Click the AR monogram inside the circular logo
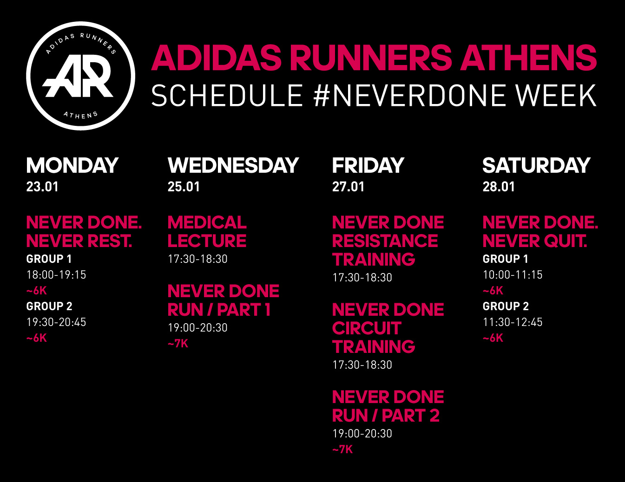pyautogui.click(x=78, y=76)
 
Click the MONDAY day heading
pyautogui.click(x=72, y=165)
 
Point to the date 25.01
pyautogui.click(x=184, y=187)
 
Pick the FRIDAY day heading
pyautogui.click(x=368, y=165)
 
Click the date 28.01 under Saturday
pyautogui.click(x=499, y=187)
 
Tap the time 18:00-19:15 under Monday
pyautogui.click(x=56, y=275)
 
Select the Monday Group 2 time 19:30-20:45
pyautogui.click(x=56, y=322)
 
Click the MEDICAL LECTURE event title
pyautogui.click(x=207, y=231)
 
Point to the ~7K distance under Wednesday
pyautogui.click(x=178, y=344)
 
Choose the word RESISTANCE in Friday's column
pyautogui.click(x=385, y=241)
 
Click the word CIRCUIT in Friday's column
pyautogui.click(x=367, y=328)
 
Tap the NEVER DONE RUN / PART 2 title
pyautogui.click(x=388, y=406)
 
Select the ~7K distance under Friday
pyautogui.click(x=342, y=449)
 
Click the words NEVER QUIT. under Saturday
pyautogui.click(x=535, y=241)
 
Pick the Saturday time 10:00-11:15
pyautogui.click(x=513, y=275)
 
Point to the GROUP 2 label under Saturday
pyautogui.click(x=506, y=306)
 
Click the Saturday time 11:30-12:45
pyautogui.click(x=513, y=322)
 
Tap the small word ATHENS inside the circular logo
pyautogui.click(x=80, y=115)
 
